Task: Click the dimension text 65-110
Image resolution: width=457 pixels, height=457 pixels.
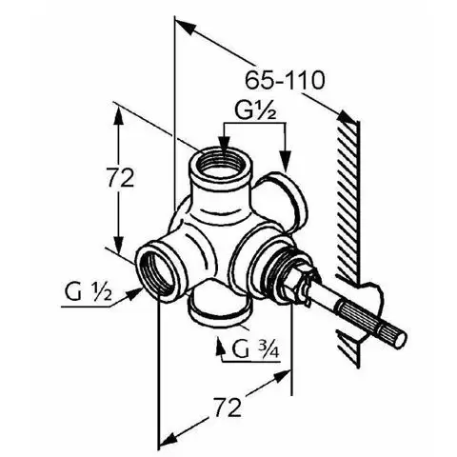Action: click(285, 80)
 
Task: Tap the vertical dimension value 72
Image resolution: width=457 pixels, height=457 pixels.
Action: click(120, 178)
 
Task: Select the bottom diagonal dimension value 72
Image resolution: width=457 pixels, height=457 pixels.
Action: click(227, 407)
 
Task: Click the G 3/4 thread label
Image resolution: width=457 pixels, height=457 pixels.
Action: click(256, 349)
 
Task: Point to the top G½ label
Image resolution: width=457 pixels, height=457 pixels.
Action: click(255, 110)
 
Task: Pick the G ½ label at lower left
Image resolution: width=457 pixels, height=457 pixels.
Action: click(89, 292)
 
